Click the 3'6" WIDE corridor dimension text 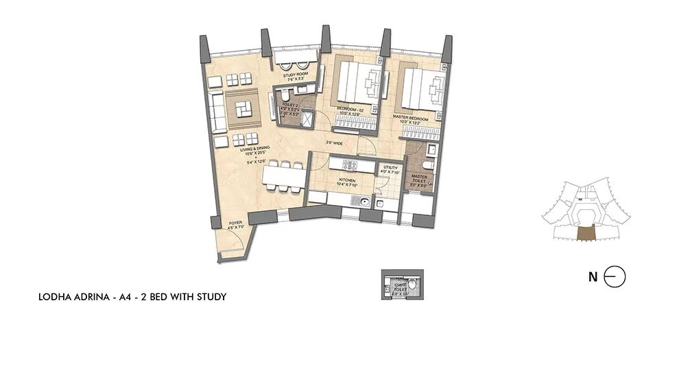(x=334, y=143)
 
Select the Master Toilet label (x=420, y=180)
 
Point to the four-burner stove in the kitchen (x=346, y=165)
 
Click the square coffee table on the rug (x=243, y=109)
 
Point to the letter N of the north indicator (x=592, y=277)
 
